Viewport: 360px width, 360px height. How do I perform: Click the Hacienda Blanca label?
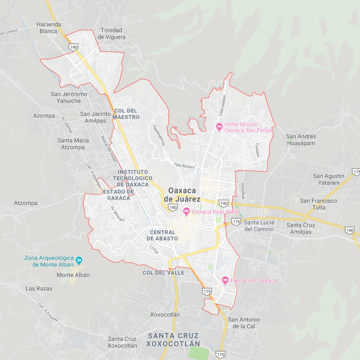[48, 28]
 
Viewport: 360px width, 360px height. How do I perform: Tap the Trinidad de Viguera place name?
[112, 33]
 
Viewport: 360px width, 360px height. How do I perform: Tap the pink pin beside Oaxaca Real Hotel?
[186, 211]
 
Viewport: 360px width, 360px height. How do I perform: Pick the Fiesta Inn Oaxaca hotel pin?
[225, 280]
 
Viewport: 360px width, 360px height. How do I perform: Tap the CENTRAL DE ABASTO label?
[164, 235]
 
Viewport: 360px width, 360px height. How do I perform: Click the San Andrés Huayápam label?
[301, 140]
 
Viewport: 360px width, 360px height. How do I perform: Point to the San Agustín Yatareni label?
[328, 180]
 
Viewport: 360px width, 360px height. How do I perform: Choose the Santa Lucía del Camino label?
[259, 226]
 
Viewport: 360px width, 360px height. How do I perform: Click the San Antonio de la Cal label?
[243, 323]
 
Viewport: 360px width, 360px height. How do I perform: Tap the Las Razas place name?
[39, 288]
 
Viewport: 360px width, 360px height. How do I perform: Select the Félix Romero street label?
[184, 166]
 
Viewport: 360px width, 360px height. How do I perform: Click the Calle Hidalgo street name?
[222, 105]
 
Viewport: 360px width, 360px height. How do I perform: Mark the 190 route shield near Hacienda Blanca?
[74, 47]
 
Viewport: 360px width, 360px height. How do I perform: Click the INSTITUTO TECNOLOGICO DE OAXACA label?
[133, 178]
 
